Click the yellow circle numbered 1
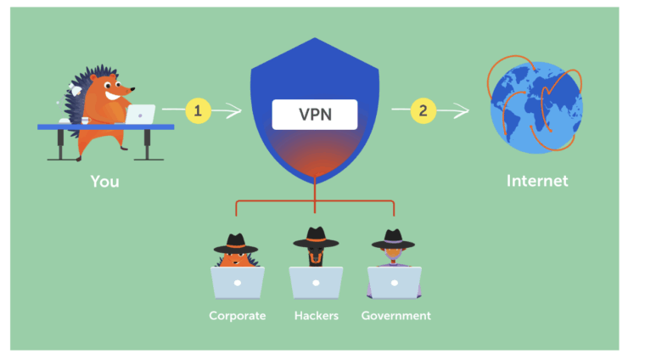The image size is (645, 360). tap(198, 110)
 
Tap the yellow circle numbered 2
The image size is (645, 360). tap(423, 110)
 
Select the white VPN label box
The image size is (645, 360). tap(315, 115)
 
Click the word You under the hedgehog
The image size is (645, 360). tap(105, 182)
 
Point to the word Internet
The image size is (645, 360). tap(537, 181)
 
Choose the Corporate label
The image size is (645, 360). tap(238, 316)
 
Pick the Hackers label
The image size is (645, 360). tap(317, 316)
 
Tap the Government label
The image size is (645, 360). tap(395, 316)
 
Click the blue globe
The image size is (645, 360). tap(536, 108)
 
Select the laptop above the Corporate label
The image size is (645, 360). tap(238, 283)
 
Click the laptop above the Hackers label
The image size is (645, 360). tap(316, 283)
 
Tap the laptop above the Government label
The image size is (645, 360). tap(394, 283)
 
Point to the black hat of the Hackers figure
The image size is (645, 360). tap(316, 238)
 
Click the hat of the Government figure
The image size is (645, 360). tap(393, 239)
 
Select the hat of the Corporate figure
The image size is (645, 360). tap(236, 244)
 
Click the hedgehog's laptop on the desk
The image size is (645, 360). tap(140, 115)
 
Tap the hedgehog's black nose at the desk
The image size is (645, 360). tap(132, 88)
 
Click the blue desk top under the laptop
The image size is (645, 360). tap(106, 127)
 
